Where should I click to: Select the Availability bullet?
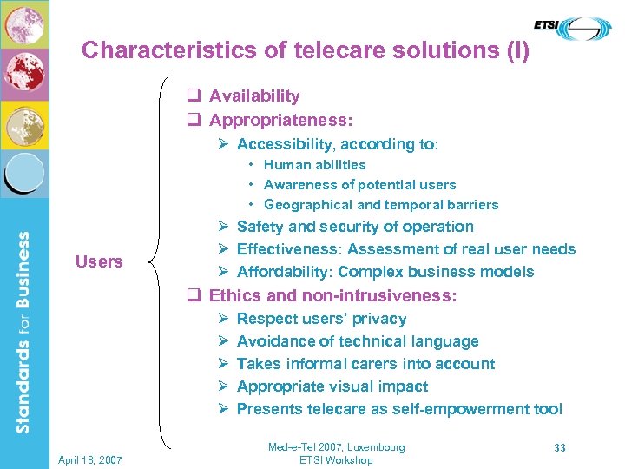[253, 96]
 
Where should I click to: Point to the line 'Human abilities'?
[314, 165]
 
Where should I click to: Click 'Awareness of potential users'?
[359, 185]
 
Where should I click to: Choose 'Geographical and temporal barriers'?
[381, 205]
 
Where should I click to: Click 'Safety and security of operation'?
[355, 227]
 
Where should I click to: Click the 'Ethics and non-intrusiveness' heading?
[332, 295]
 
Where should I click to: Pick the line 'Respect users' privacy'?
[321, 319]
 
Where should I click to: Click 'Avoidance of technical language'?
[358, 341]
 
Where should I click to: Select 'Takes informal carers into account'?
[365, 364]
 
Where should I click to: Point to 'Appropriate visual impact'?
[332, 386]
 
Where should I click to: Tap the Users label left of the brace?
[99, 261]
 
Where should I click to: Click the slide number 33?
[560, 448]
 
